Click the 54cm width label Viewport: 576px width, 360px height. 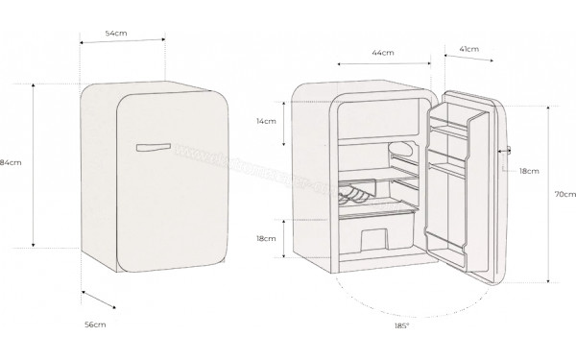117,34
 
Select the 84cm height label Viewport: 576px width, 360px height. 11,162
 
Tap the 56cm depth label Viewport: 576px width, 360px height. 94,326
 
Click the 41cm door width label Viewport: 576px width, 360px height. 470,48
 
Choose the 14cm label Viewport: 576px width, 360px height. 266,122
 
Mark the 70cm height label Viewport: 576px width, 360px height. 564,194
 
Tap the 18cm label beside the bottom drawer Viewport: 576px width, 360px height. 266,237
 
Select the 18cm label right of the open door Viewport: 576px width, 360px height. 528,170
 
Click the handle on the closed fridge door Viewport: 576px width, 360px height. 154,147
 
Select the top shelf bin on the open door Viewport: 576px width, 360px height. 453,120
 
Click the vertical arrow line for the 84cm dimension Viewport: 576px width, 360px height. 36,164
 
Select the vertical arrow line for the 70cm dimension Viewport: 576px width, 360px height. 547,194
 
